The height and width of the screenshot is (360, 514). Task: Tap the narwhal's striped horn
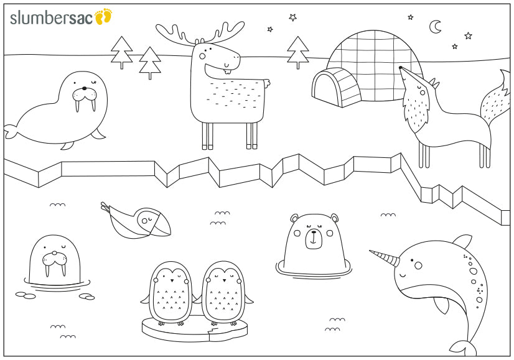[385, 258]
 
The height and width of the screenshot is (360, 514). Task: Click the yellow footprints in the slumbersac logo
[103, 16]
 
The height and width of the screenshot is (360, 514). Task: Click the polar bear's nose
[314, 232]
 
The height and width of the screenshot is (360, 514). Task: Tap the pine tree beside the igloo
[298, 52]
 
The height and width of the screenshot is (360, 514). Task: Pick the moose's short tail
[267, 83]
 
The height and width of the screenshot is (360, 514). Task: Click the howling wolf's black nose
[400, 68]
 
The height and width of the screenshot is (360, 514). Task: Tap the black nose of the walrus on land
[84, 88]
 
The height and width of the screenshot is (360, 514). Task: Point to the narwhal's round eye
[418, 265]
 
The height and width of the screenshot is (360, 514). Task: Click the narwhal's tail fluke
[463, 348]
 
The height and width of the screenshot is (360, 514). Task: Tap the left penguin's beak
[172, 280]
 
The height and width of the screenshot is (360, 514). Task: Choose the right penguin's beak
[224, 281]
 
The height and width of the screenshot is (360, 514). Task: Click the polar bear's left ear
[294, 218]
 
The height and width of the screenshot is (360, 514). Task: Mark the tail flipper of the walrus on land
[11, 131]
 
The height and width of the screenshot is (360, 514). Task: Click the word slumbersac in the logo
[52, 18]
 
